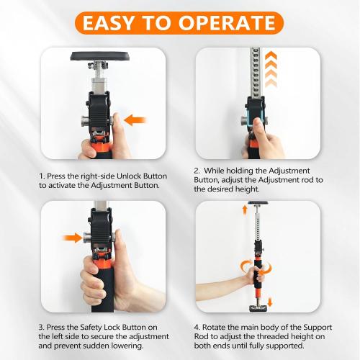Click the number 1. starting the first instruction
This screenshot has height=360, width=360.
coord(42,175)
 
